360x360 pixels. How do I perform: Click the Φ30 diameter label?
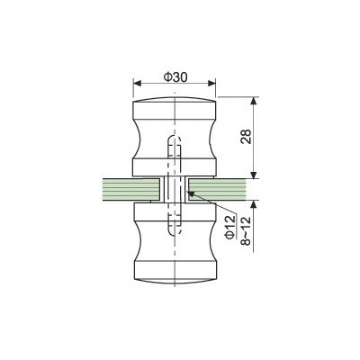pyautogui.click(x=175, y=77)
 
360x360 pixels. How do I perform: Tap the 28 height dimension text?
pyautogui.click(x=246, y=137)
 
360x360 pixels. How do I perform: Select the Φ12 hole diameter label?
pyautogui.click(x=230, y=227)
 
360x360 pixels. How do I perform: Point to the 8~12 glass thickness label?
pyautogui.click(x=246, y=231)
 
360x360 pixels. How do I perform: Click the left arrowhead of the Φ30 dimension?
pyautogui.click(x=137, y=83)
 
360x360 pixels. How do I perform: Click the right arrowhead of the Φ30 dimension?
pyautogui.click(x=211, y=83)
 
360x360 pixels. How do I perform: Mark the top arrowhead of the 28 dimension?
pyautogui.click(x=254, y=101)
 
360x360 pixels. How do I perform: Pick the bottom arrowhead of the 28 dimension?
pyautogui.click(x=254, y=175)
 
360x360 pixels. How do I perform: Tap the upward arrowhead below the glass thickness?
pyautogui.click(x=254, y=204)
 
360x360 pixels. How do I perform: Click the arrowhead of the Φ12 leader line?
pyautogui.click(x=190, y=193)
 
